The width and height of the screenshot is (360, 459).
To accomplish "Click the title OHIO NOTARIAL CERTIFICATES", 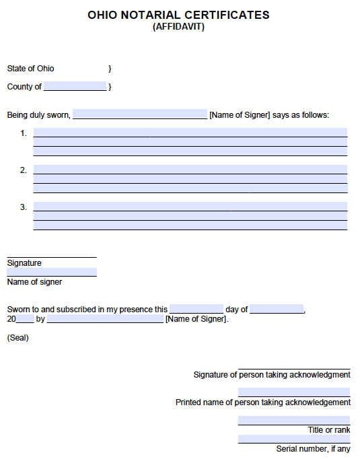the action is pos(178,15).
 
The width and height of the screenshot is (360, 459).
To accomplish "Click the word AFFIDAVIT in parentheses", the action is pos(178,27).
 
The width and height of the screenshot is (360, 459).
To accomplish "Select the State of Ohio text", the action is pos(31,69).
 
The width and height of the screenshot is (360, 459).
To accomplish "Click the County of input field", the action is pos(75,86).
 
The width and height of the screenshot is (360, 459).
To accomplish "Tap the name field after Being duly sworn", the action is pos(140,114).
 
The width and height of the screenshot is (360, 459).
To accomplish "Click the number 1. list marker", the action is pos(24,133).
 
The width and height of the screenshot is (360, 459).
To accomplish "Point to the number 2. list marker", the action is pos(24,170).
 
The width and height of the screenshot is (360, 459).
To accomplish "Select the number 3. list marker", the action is pos(24,207).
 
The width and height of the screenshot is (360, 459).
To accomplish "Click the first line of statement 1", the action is pos(190,133).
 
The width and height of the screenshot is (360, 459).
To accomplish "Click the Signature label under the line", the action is pos(24,263).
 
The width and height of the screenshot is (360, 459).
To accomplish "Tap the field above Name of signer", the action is pos(52,272).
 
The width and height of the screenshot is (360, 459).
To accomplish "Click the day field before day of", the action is pos(196,309).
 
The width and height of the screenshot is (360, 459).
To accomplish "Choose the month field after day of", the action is pos(277,309).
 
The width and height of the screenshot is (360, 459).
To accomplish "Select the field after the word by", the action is pos(105,318).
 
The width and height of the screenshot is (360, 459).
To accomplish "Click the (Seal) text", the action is pos(18,338).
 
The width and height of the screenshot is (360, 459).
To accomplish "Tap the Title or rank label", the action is pos(329,430).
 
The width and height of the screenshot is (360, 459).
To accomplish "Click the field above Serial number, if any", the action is pos(294,439).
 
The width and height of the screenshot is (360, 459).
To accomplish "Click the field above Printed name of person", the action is pos(294,392).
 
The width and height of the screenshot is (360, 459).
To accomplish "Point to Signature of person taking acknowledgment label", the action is pos(272,375).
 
